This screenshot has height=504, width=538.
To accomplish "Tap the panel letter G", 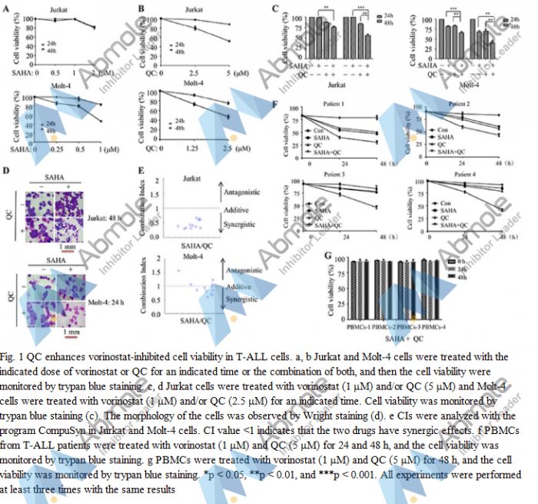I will pos(329,255).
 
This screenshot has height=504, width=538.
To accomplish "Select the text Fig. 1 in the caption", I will pos(13,357).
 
